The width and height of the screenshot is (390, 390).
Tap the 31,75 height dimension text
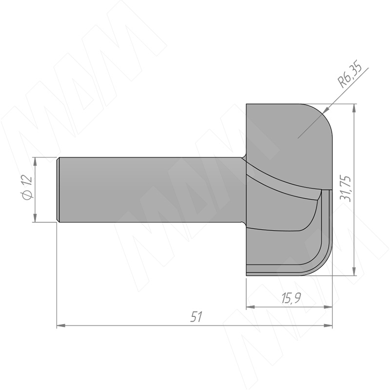point(345,189)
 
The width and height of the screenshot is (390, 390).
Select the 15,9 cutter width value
point(291,298)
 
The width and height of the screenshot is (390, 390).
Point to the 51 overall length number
point(196,317)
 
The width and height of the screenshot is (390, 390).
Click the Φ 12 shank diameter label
point(27,188)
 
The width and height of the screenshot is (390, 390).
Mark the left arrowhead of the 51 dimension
point(61,325)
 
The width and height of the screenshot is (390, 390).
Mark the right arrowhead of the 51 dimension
point(328,325)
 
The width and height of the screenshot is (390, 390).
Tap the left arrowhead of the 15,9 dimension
point(251,308)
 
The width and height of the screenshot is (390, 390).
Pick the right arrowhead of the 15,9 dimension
point(328,308)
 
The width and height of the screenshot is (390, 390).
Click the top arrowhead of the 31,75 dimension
point(354,108)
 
